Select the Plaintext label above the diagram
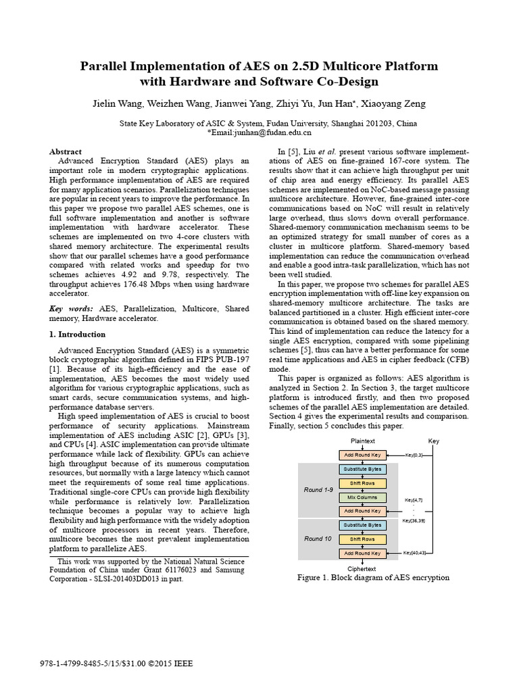pos(362,441)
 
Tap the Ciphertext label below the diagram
pos(362,569)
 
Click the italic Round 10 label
pos(318,539)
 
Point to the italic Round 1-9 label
pos(318,489)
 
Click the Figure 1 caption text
pos(373,578)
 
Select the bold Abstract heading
pos(66,151)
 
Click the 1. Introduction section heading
pos(78,335)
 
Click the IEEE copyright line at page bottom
pos(117,664)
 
